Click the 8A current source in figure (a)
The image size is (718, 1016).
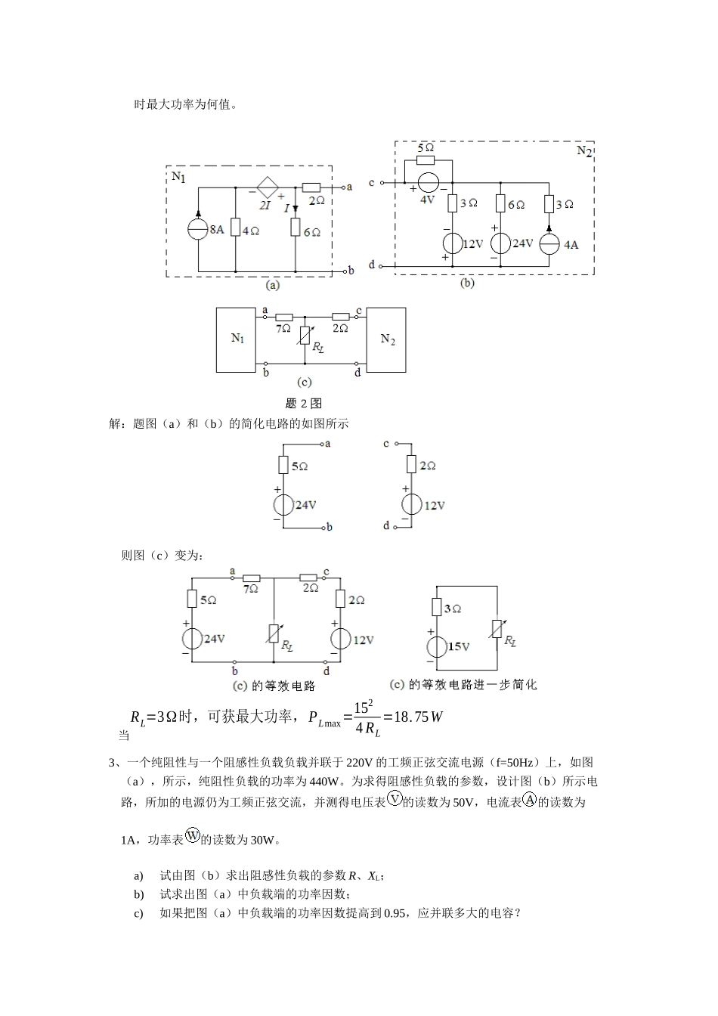198,229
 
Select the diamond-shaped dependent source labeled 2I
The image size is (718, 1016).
266,187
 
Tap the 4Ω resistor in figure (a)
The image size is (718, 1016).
236,228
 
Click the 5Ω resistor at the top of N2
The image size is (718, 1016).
426,160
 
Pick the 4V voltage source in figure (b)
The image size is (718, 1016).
428,183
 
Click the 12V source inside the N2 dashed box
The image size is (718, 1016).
452,243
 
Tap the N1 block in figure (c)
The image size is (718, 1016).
237,339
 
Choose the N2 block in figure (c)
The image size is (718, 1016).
387,339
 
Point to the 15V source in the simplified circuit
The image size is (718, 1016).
436,646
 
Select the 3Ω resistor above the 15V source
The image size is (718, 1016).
436,608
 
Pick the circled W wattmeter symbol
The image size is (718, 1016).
193,835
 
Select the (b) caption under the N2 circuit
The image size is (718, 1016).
467,283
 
